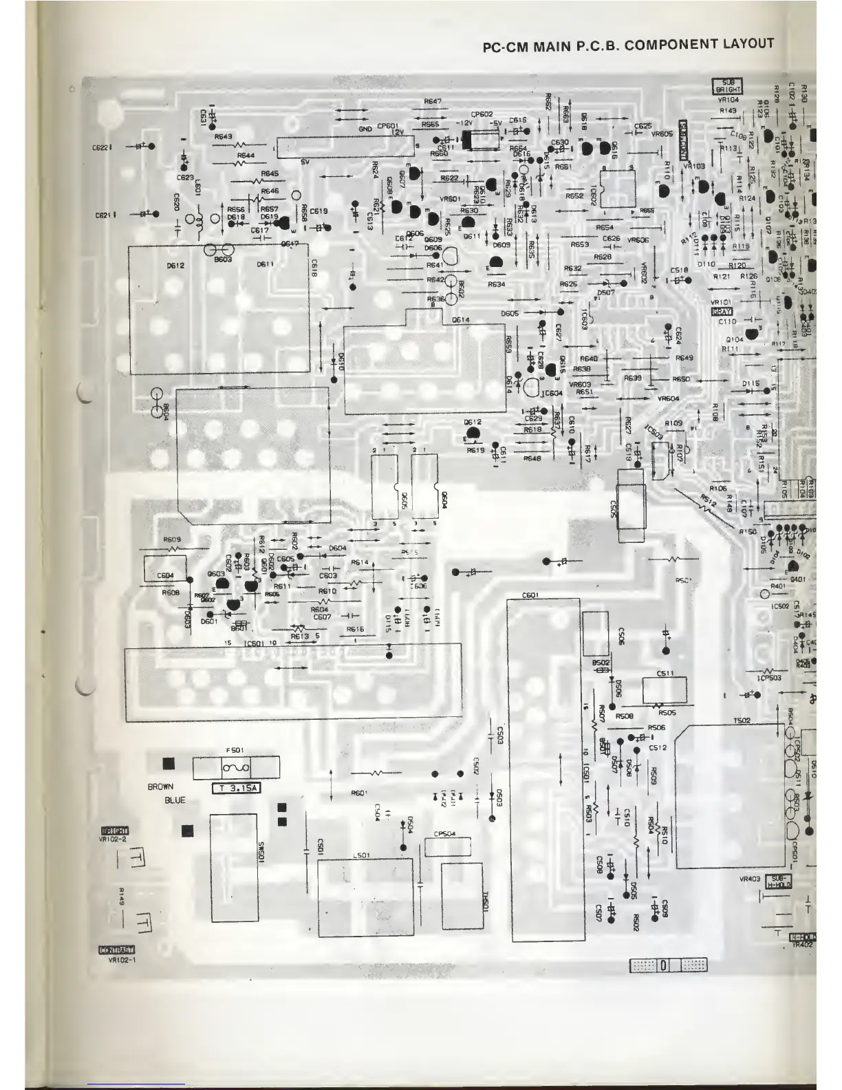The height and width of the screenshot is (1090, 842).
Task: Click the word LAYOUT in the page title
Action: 747,44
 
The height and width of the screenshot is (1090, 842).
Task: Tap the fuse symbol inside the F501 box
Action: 236,767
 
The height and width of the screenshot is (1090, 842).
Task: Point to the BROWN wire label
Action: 160,787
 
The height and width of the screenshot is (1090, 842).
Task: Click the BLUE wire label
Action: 175,800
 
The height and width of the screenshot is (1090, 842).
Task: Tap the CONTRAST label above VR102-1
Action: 116,952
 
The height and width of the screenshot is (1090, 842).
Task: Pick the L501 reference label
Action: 362,855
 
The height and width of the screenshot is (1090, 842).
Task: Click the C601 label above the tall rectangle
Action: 530,595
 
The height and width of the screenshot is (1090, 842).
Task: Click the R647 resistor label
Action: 433,102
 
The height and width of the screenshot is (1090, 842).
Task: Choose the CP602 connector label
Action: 482,114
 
